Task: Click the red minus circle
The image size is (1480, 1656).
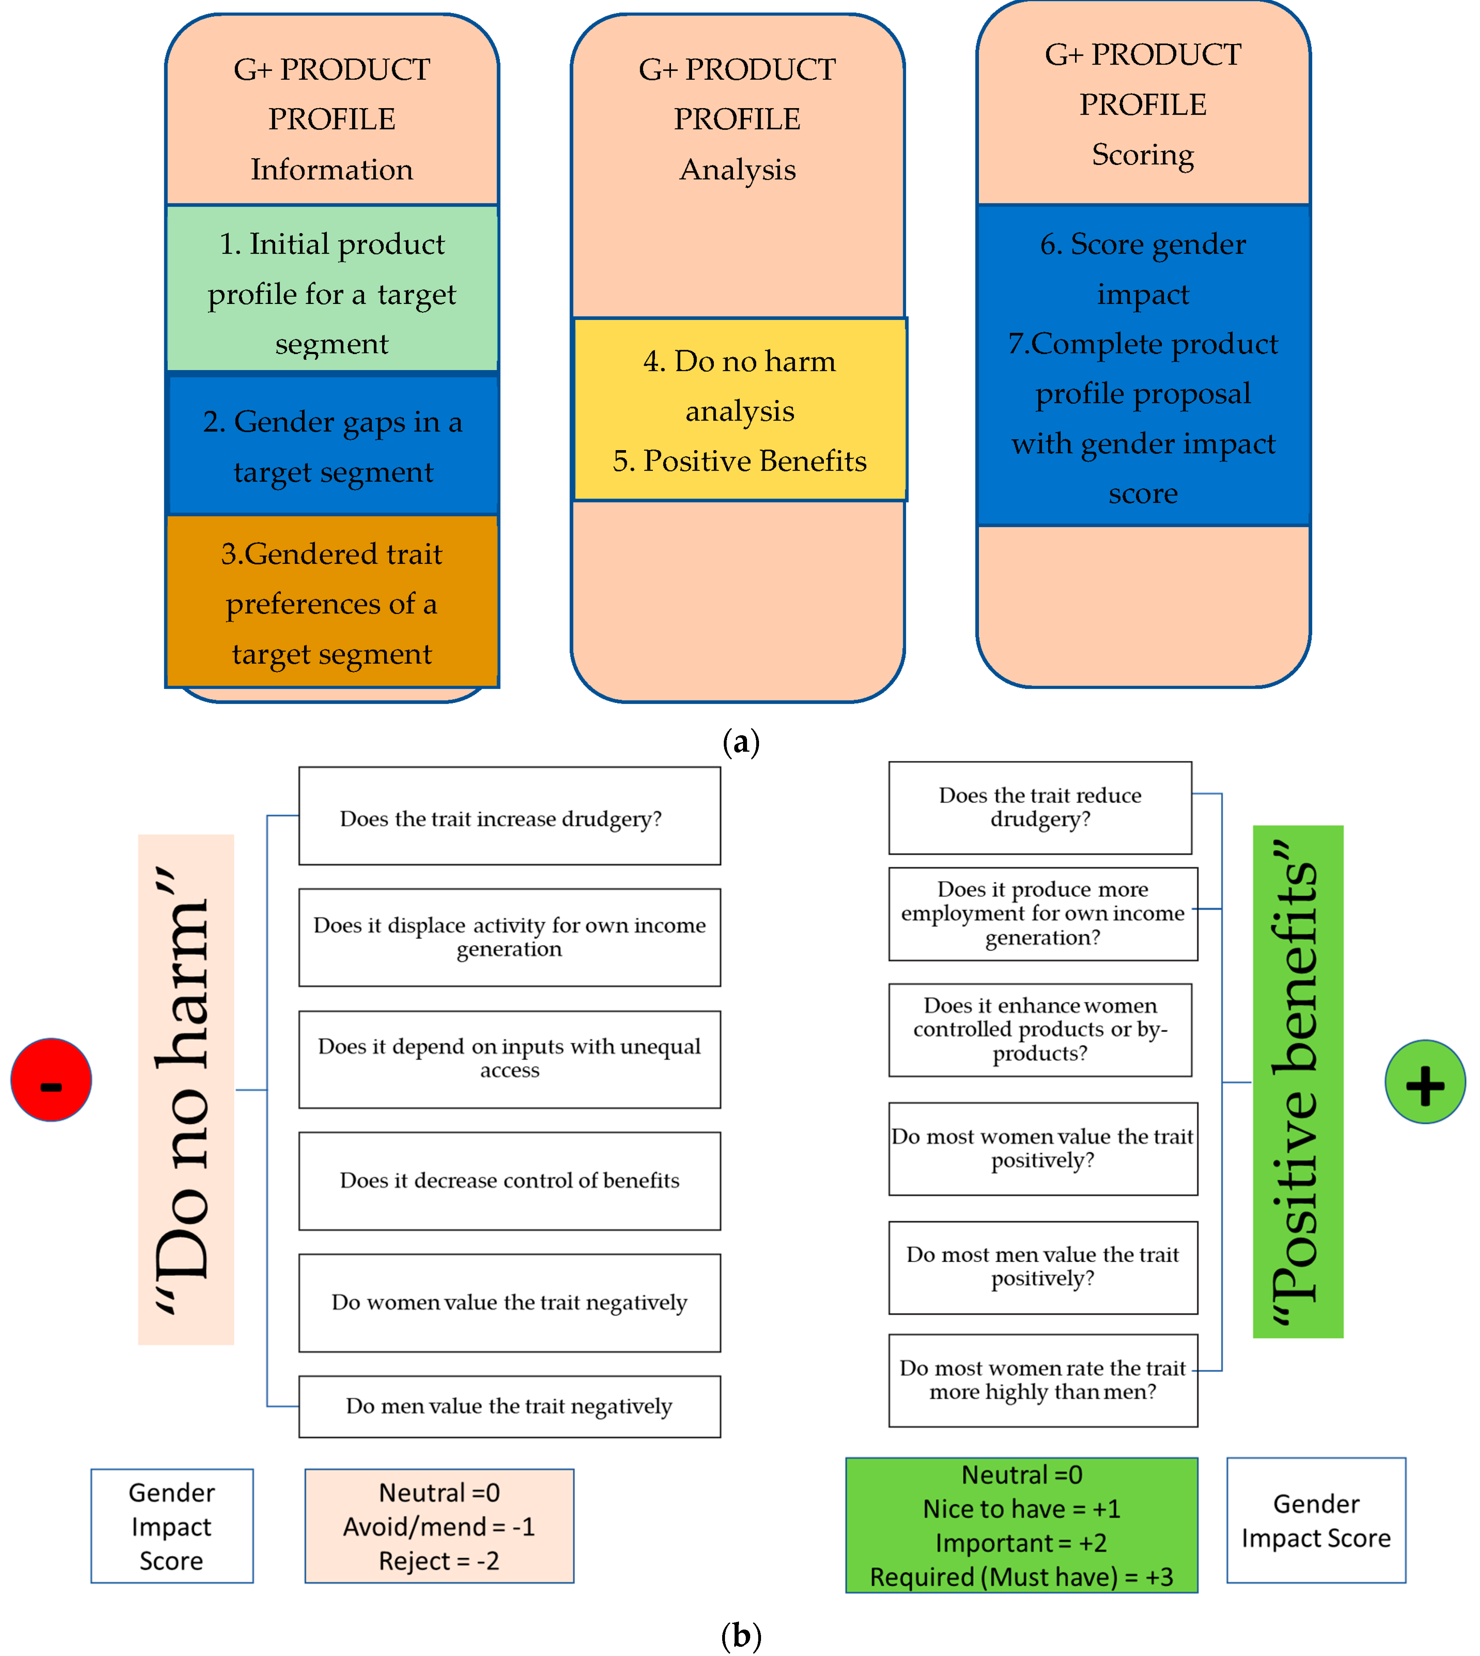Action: click(x=50, y=1080)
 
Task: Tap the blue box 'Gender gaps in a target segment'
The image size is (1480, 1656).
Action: click(x=332, y=445)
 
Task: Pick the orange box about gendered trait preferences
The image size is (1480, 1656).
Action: click(x=332, y=602)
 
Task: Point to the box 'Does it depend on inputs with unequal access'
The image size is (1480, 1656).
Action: click(x=509, y=1058)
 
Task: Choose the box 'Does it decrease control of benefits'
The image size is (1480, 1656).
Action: click(x=509, y=1180)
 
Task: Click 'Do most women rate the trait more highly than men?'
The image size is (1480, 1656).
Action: click(x=1043, y=1380)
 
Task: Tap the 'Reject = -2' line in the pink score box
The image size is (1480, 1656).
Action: click(x=439, y=1561)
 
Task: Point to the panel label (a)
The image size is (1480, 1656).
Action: click(x=740, y=741)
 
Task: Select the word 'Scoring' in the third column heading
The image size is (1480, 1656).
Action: click(x=1142, y=155)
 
